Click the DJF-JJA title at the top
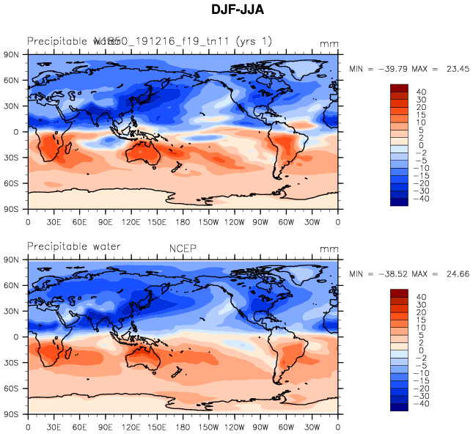click(x=236, y=11)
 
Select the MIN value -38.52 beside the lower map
click(x=397, y=273)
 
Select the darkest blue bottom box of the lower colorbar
click(x=399, y=407)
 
